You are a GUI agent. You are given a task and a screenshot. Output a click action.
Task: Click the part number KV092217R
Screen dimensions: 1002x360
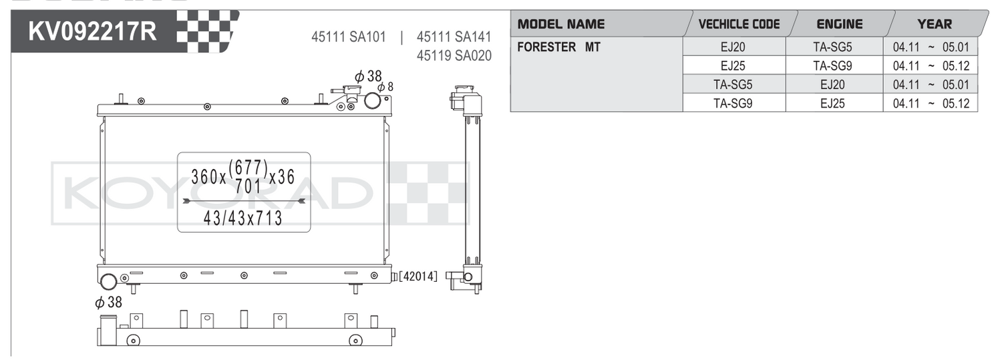pos(93,31)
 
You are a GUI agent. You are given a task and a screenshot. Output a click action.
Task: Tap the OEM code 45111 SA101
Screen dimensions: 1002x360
pos(349,37)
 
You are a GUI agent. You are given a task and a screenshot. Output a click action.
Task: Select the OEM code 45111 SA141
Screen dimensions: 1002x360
pos(454,37)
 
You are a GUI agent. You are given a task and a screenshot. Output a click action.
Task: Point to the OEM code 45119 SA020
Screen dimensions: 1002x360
pos(454,55)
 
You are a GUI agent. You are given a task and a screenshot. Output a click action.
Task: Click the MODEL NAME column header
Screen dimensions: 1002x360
pos(561,24)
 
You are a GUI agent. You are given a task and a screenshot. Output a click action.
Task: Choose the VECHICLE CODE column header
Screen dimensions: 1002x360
pos(739,24)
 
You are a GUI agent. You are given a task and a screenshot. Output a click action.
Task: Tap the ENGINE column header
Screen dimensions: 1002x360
pos(840,24)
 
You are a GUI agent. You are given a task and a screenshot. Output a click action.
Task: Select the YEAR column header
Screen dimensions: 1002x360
pos(935,24)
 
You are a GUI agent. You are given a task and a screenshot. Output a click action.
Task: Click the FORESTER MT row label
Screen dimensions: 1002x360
pos(558,47)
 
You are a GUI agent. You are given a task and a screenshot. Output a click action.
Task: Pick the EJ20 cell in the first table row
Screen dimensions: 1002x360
pos(733,47)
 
